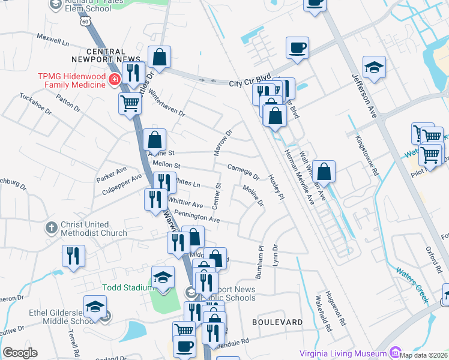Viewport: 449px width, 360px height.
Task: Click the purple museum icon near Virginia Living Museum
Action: tap(394, 352)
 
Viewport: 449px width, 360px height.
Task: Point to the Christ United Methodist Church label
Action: tap(93, 229)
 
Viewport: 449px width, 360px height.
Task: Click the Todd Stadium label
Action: tap(127, 287)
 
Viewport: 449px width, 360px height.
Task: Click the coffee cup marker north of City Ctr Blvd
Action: tap(298, 47)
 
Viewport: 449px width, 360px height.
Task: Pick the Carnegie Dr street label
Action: tap(243, 172)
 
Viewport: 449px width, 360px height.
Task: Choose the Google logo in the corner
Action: tap(20, 352)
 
